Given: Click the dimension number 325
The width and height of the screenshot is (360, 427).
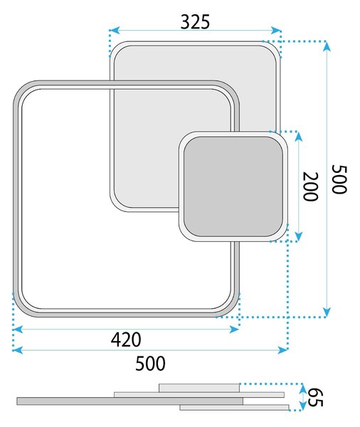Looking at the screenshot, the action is click(195, 22).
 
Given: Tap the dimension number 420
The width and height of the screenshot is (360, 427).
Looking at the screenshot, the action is click(126, 339).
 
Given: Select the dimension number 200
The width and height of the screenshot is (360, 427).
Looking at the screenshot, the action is click(311, 186).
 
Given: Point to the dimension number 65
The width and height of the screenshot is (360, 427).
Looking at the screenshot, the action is click(316, 397).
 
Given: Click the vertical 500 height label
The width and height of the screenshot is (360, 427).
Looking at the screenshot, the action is click(339, 179).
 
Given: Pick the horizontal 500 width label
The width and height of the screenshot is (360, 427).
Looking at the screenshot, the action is click(150, 363).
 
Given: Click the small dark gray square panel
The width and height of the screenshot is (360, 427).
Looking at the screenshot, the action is click(233, 186).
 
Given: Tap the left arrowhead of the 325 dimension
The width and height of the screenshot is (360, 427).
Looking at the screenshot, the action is click(115, 30).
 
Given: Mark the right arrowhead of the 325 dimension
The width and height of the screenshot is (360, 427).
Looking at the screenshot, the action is click(275, 30).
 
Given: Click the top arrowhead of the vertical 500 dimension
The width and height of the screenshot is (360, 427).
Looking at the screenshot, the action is click(327, 46).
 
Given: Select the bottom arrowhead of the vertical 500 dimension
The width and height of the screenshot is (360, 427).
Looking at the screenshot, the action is click(327, 312).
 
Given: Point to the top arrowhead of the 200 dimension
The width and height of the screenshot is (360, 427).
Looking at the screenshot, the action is click(299, 137).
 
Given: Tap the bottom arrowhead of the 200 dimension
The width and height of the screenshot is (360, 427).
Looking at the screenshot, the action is click(299, 236).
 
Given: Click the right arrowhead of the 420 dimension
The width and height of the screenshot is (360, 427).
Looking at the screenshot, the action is click(234, 330).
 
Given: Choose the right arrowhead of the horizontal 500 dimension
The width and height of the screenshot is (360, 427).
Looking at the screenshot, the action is click(282, 350).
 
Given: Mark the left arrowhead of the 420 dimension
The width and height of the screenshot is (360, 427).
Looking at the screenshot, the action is click(18, 330).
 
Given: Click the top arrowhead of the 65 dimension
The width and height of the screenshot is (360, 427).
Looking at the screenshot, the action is click(302, 388).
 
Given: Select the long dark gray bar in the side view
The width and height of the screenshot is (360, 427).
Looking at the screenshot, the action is click(130, 401).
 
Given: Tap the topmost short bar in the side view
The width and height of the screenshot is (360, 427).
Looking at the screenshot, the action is click(199, 388).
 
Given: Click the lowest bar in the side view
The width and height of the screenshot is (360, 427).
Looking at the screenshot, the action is click(234, 407).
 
